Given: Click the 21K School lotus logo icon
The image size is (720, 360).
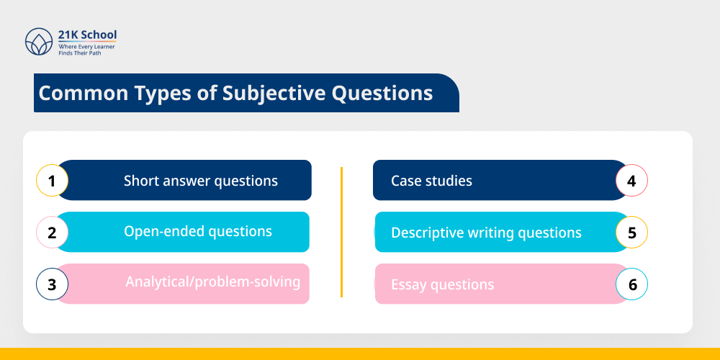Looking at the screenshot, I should tap(39, 42).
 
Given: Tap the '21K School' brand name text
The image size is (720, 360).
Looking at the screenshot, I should tap(87, 35).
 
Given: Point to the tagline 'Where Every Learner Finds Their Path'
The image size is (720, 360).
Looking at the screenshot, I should tap(87, 49).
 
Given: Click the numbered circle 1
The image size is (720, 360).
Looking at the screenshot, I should tap(52, 180).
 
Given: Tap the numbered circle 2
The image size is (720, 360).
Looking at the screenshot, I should tap(52, 232).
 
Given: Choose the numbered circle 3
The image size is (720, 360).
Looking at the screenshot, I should tap(52, 284).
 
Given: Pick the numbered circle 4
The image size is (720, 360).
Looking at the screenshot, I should tap(632, 180).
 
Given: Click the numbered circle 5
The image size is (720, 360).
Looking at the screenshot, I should tap(632, 233).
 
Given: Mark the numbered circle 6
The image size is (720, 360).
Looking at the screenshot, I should tap(632, 284).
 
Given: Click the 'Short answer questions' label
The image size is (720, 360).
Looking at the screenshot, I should tap(200, 180).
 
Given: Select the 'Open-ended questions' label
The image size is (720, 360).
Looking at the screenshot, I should tap(198, 231).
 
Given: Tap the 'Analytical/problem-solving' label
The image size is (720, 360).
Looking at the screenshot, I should tap(213, 282).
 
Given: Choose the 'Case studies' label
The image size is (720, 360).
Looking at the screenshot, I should tap(431, 180).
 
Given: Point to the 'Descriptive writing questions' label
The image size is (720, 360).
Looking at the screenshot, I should tap(486, 233).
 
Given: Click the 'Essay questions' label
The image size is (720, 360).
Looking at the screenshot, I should tap(442, 284).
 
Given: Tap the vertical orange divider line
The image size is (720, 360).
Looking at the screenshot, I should tap(341, 232).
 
